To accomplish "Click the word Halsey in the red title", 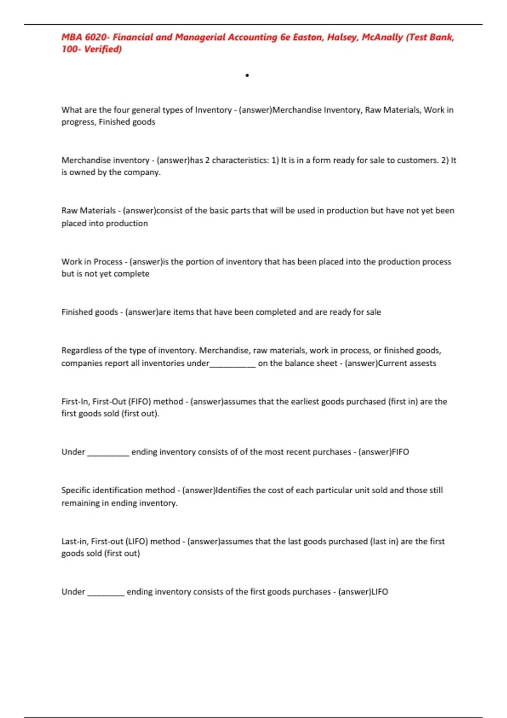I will tap(342, 37).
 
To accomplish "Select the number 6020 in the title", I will tap(96, 37).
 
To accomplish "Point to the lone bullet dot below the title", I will tap(247, 76).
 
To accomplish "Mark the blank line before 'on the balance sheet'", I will tap(232, 364).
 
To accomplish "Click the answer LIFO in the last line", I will tap(379, 592).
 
